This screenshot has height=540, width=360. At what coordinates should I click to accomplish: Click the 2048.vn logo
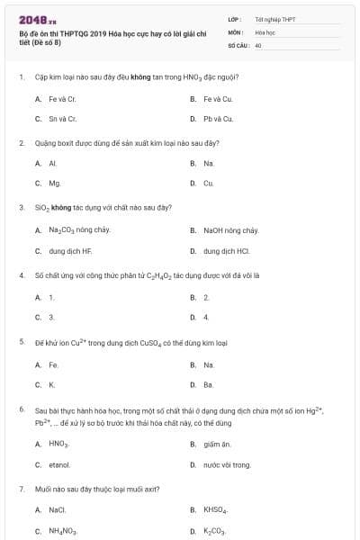click(32, 20)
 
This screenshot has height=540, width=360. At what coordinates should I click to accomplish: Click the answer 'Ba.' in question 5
click(208, 384)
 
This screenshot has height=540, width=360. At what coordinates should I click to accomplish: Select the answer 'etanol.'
click(59, 464)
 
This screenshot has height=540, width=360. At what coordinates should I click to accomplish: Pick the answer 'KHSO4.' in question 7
click(216, 510)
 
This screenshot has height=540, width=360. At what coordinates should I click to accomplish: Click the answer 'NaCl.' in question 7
click(58, 510)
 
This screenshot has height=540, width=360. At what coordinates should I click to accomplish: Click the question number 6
click(21, 409)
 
